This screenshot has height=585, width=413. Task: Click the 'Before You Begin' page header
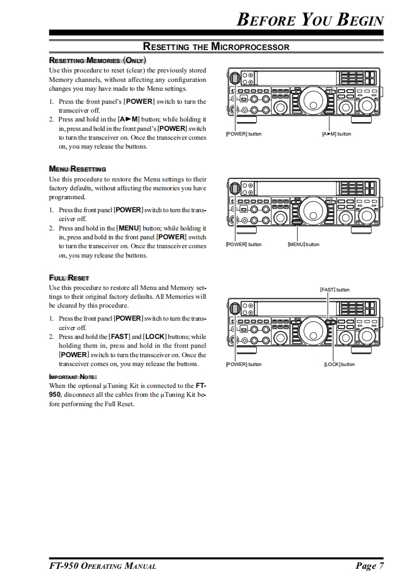pyautogui.click(x=310, y=19)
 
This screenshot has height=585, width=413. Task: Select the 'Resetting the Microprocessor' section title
pyautogui.click(x=216, y=47)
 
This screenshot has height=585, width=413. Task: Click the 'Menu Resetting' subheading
pyautogui.click(x=78, y=169)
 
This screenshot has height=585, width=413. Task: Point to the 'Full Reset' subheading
pyautogui.click(x=69, y=278)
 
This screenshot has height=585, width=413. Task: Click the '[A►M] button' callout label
pyautogui.click(x=336, y=134)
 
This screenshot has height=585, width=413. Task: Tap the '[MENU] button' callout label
pyautogui.click(x=304, y=245)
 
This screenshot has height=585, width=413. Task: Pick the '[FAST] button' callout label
pyautogui.click(x=334, y=289)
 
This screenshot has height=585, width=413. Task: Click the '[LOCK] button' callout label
pyautogui.click(x=339, y=364)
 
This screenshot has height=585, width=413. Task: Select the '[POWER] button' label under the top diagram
pyautogui.click(x=243, y=134)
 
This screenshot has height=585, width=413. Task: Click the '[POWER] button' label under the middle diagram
pyautogui.click(x=243, y=245)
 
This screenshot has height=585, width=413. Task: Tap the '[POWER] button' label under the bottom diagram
pyautogui.click(x=243, y=364)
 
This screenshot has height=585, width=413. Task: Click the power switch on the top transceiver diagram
pyautogui.click(x=235, y=78)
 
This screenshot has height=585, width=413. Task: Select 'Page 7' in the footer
pyautogui.click(x=370, y=566)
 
